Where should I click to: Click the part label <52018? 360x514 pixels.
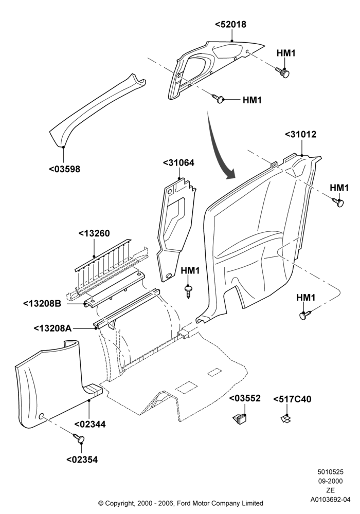point(230,25)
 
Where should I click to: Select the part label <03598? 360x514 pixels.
point(65,169)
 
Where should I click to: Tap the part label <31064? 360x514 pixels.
point(178,162)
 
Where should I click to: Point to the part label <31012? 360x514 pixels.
point(300,134)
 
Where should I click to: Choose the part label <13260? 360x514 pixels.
point(94,233)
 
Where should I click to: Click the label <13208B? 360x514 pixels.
point(42,304)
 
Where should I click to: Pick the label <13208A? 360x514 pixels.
point(53,328)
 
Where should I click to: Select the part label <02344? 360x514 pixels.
point(90,424)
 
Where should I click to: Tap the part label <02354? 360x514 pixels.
point(82,460)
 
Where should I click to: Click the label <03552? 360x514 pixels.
point(245,398)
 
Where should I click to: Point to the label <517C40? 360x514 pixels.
point(293,399)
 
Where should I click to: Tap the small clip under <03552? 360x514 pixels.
point(240,418)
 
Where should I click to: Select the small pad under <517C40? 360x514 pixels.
point(286,418)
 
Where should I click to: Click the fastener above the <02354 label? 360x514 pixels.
point(79,437)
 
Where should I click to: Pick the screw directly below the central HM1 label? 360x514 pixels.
point(188,290)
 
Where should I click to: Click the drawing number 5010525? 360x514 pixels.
point(330,472)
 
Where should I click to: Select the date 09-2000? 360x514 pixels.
point(330,481)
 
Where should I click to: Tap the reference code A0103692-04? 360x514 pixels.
point(331,500)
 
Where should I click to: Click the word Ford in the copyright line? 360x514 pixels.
point(186,503)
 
